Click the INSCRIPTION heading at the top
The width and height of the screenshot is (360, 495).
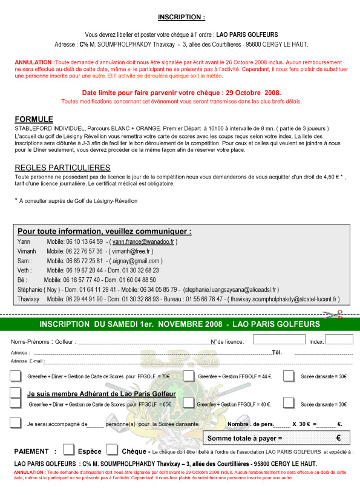pos(181,18)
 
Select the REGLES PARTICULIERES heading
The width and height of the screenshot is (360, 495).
pos(62,168)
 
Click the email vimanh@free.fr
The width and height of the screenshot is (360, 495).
pos(129,251)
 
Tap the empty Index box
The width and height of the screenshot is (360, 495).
pos(339,339)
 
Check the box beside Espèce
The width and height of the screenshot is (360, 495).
pos(69,450)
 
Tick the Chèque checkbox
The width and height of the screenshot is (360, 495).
pos(112,450)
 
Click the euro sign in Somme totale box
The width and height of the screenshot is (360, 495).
pos(338,438)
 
